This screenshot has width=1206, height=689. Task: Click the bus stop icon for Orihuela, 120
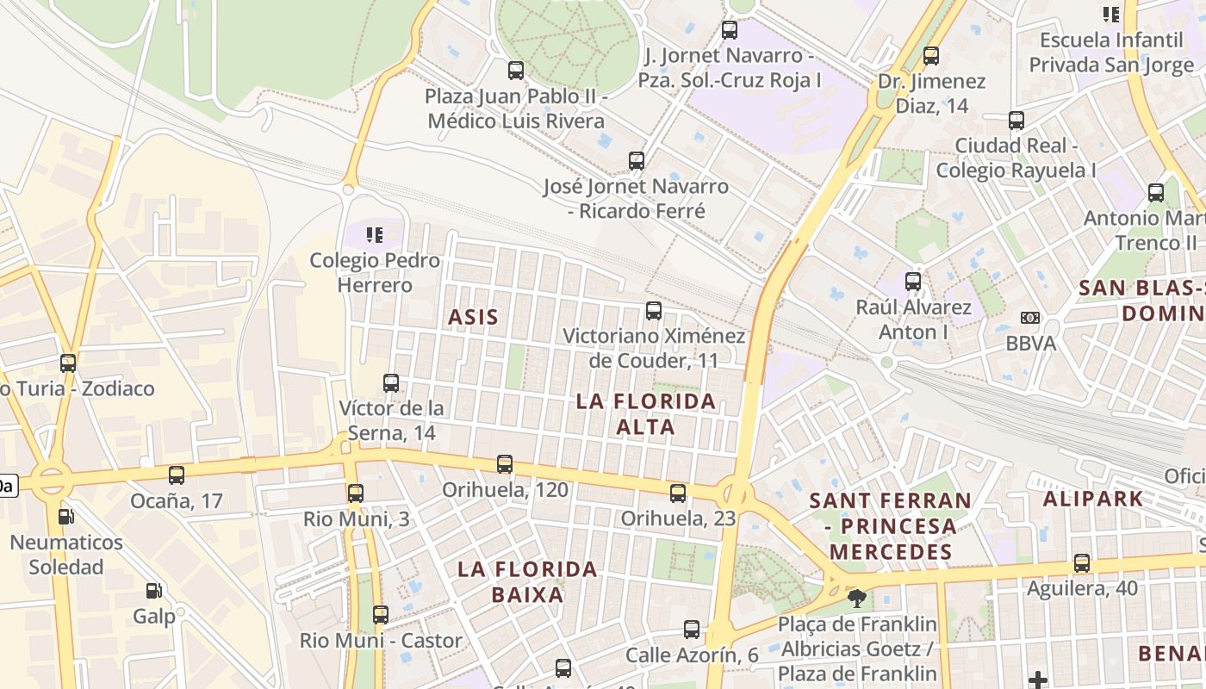[505, 464]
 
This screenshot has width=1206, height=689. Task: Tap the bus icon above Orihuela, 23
[678, 493]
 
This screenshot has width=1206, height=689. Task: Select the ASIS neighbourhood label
[473, 317]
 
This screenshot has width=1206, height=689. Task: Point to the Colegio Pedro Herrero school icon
[374, 234]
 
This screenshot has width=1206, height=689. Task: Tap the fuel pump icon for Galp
[153, 591]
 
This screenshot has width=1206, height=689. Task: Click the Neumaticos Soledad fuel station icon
[65, 517]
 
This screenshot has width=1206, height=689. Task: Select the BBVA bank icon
[1029, 318]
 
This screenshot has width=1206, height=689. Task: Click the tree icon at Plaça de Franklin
[856, 598]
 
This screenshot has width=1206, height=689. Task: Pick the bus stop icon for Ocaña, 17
[177, 475]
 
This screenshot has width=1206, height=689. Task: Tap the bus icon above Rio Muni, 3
[356, 493]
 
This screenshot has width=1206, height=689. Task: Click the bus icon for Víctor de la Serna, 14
[391, 382]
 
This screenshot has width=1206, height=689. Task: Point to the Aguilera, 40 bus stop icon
[1082, 563]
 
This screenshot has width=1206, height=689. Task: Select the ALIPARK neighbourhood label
[1092, 498]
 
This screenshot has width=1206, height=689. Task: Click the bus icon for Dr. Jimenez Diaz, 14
[931, 56]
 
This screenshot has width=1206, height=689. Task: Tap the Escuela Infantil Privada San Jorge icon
[1111, 14]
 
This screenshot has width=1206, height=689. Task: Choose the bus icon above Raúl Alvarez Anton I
[913, 281]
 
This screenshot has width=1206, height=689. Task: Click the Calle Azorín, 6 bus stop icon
[692, 630]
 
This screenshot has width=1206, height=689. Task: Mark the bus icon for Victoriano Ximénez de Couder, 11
[654, 310]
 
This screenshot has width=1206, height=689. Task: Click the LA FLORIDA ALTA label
[646, 413]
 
